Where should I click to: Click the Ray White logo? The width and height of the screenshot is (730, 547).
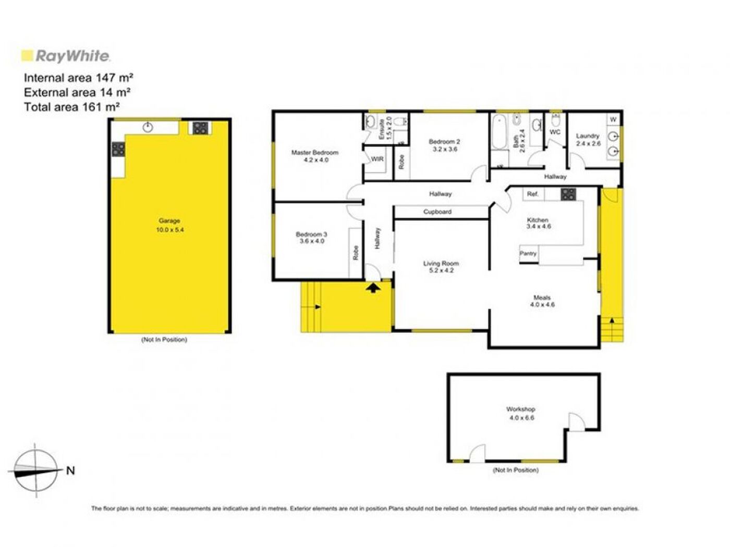click(x=65, y=56)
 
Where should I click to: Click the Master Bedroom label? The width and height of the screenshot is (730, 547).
click(x=314, y=153)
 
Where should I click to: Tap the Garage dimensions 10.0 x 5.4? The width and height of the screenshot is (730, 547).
click(x=169, y=230)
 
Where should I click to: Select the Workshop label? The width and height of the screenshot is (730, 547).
click(x=520, y=409)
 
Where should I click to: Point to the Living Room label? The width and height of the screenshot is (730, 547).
click(x=441, y=264)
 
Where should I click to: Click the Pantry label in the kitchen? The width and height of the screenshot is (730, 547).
click(x=528, y=253)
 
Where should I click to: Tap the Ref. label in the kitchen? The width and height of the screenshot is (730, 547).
click(x=532, y=194)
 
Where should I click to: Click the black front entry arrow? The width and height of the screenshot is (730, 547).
click(x=373, y=287)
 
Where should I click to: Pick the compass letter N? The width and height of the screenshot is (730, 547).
click(x=70, y=470)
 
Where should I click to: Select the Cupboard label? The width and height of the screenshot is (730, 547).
click(x=437, y=212)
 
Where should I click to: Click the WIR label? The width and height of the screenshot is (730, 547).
click(x=377, y=159)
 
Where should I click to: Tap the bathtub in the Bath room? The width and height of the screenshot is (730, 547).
click(x=499, y=132)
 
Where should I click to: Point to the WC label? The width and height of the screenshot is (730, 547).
click(x=555, y=132)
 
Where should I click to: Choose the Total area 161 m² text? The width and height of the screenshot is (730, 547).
click(x=71, y=107)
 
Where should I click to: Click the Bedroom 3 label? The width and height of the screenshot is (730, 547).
click(x=311, y=234)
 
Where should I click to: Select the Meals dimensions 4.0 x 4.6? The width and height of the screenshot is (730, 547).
click(x=542, y=305)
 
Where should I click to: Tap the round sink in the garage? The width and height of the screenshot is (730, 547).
click(x=148, y=127)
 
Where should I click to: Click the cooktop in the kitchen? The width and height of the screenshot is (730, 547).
click(x=568, y=194)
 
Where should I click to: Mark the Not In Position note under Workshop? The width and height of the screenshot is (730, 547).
click(x=516, y=470)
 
